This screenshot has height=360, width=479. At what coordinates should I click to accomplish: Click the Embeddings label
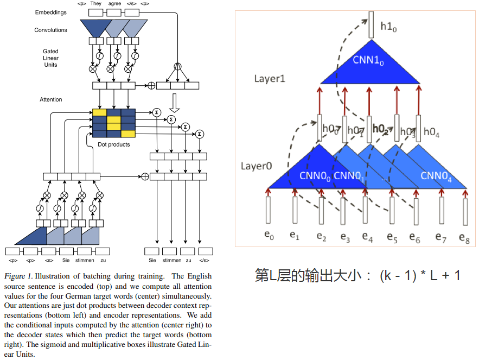tap(50, 12)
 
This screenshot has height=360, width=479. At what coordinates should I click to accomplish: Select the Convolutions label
tap(50, 30)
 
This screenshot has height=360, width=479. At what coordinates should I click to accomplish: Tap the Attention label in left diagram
tap(50, 100)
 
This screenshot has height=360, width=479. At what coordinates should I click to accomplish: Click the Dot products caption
tap(113, 145)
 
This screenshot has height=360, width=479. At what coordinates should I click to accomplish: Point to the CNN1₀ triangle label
tap(369, 60)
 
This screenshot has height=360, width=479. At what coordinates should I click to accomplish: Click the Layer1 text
tap(270, 79)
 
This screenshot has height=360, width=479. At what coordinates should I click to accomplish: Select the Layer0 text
tap(256, 166)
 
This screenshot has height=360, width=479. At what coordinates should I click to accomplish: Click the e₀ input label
tap(269, 236)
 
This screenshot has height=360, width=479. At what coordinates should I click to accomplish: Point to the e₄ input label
tap(367, 237)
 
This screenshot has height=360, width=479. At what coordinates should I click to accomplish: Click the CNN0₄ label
tap(435, 175)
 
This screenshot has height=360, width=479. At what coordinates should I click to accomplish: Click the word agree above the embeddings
tap(114, 3)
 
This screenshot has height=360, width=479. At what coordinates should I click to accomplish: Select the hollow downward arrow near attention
tap(174, 102)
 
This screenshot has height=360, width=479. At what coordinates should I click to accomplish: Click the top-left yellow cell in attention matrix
tap(99, 113)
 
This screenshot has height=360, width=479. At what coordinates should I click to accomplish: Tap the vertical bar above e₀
tap(269, 210)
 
